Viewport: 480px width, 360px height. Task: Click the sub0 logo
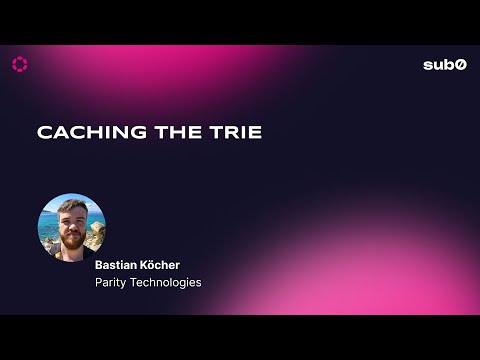(x=444, y=65)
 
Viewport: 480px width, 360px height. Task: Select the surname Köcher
(x=161, y=266)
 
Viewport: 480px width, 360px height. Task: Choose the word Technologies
(x=165, y=283)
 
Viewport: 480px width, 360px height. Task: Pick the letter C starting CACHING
(x=44, y=133)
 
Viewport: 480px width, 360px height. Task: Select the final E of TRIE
(x=255, y=133)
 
